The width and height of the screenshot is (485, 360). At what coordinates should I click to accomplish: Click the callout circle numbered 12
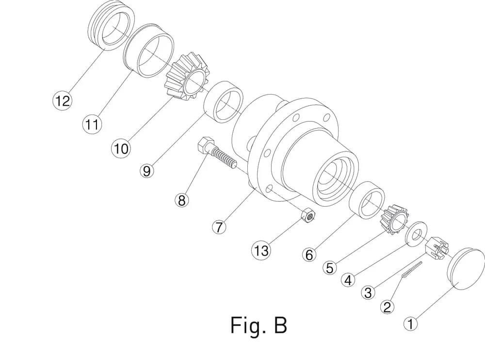[x=63, y=100]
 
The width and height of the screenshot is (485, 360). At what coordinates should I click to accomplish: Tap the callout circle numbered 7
[x=219, y=227]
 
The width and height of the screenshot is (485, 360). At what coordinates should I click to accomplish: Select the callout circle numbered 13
[x=261, y=250]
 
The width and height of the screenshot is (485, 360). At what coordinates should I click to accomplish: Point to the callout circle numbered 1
[x=410, y=324]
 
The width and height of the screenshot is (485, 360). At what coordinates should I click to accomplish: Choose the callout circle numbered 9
[x=146, y=171]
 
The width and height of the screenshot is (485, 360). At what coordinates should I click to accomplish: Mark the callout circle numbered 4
[x=348, y=280]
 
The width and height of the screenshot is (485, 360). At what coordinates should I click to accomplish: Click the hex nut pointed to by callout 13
[x=308, y=214]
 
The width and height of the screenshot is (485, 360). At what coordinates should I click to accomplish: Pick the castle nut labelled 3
[x=436, y=247]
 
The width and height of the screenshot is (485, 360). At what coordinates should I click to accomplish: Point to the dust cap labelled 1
[x=466, y=268]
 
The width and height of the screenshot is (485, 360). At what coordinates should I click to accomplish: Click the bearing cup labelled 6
[x=367, y=200]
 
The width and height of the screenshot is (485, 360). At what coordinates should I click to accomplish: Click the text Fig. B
[x=259, y=325]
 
